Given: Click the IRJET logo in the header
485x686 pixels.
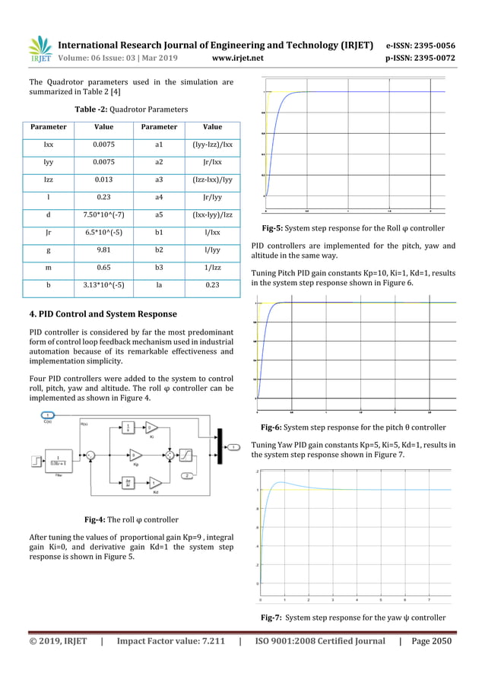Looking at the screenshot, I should pos(40,48).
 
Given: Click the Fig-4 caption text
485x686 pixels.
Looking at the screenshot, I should pos(131,519).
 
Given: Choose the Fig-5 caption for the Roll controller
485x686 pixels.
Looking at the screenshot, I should pos(353,227).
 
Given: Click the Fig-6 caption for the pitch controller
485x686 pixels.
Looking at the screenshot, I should pos(353,427).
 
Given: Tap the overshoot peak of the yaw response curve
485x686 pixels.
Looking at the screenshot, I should pos(282,481).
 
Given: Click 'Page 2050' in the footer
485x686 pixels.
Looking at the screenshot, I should pos(431,641).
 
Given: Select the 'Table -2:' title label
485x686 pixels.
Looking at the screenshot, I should pos(95,110).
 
